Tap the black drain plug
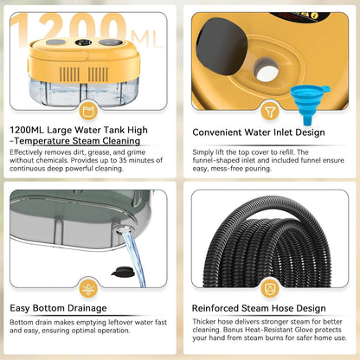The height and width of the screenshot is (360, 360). point(123,272)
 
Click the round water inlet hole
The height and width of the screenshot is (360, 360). point(267,72)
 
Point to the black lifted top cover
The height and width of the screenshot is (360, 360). point(222,46)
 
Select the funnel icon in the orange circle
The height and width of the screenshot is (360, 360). point(270,111)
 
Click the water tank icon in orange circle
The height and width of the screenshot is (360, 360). point(88,111)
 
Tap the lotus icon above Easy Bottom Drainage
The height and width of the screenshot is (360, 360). point(88,288)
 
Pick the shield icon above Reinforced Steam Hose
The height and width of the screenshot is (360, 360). point(270,288)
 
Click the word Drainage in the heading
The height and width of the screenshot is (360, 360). point(87,308)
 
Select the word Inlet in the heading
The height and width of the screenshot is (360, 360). point(278,132)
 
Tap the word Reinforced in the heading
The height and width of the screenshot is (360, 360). point(215,308)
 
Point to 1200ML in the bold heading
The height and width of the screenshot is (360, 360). point(27,130)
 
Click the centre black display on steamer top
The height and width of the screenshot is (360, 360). point(83,42)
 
